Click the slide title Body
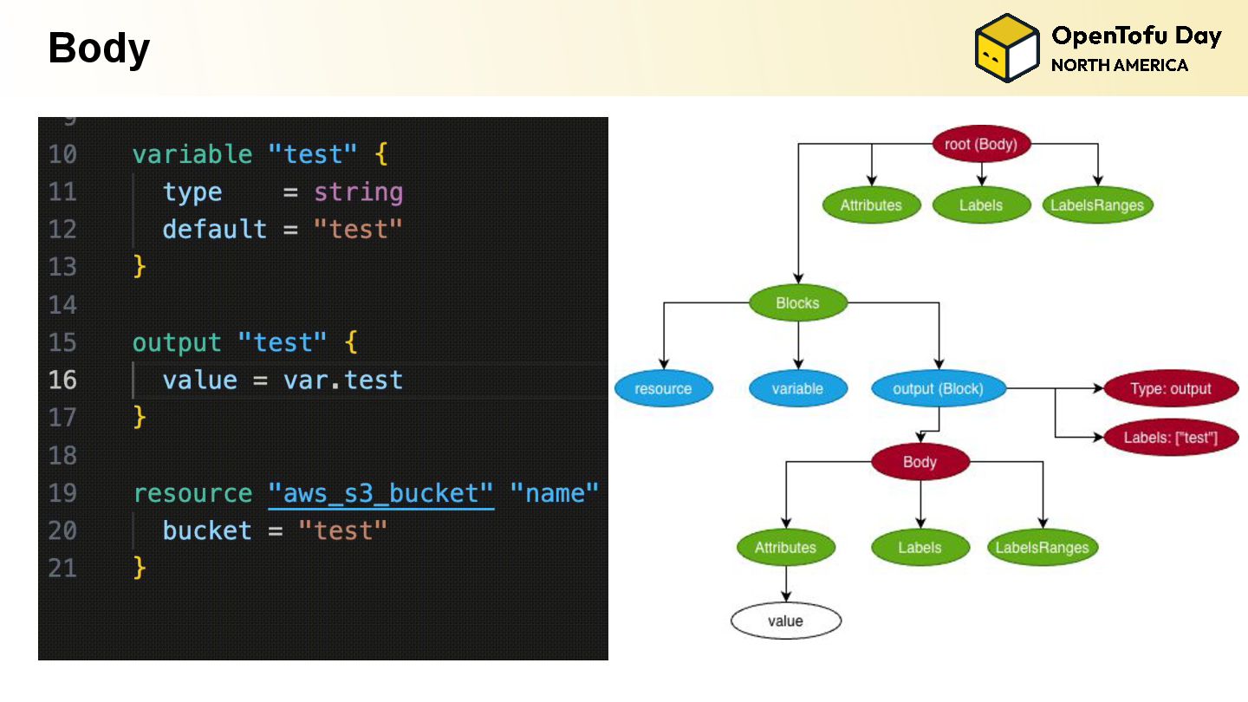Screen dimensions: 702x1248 pyautogui.click(x=99, y=49)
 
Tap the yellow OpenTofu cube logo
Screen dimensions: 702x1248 pyautogui.click(x=1006, y=49)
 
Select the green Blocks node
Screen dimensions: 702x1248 pyautogui.click(x=797, y=303)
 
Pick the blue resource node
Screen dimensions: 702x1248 pyautogui.click(x=663, y=389)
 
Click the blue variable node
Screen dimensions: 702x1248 pyautogui.click(x=797, y=389)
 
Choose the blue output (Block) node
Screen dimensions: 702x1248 pyautogui.click(x=938, y=389)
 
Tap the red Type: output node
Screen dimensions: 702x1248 pyautogui.click(x=1171, y=389)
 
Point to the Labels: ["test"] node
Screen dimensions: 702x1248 pyautogui.click(x=1170, y=438)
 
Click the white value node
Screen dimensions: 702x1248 pyautogui.click(x=785, y=621)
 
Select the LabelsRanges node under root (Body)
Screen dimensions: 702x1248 pyautogui.click(x=1096, y=205)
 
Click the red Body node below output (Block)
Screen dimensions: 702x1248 pyautogui.click(x=920, y=462)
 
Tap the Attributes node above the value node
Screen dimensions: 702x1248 pyautogui.click(x=785, y=548)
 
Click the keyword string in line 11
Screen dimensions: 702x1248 pyautogui.click(x=358, y=192)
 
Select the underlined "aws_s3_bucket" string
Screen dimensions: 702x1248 pyautogui.click(x=380, y=493)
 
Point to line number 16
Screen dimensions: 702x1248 pyautogui.click(x=62, y=380)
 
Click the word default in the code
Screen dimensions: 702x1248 pyautogui.click(x=215, y=230)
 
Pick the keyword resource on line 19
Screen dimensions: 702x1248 pyautogui.click(x=192, y=493)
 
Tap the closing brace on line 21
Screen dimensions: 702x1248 pyautogui.click(x=140, y=569)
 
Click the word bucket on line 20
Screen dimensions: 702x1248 pyautogui.click(x=207, y=530)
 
